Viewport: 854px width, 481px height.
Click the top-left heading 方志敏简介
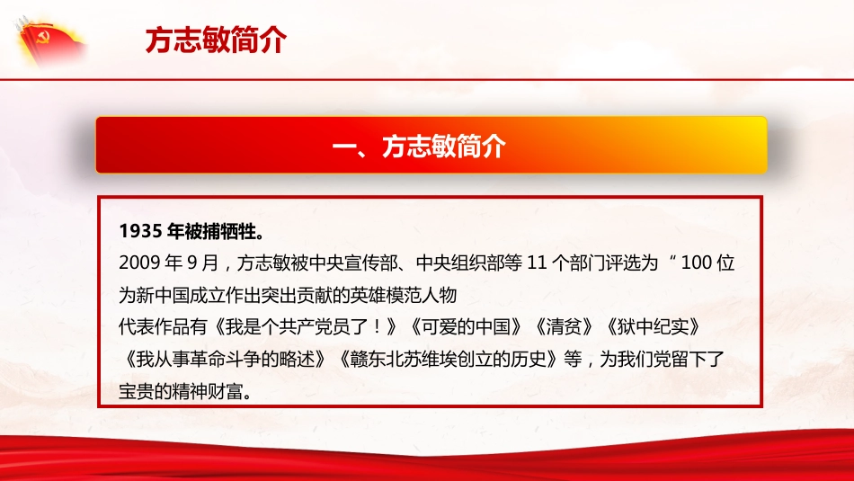(215, 40)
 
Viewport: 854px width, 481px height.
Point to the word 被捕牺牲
(221, 231)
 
